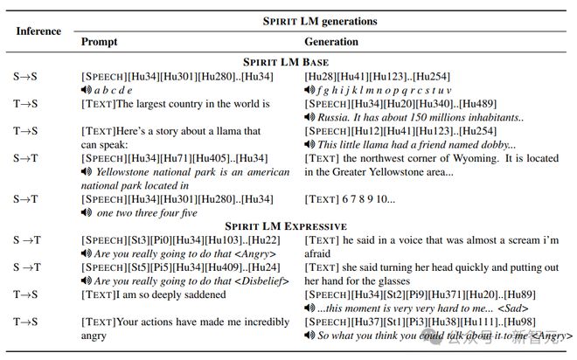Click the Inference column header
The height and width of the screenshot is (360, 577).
pyautogui.click(x=38, y=31)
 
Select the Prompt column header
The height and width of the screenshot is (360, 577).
pyautogui.click(x=98, y=41)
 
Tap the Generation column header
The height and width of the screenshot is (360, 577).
pyautogui.click(x=330, y=41)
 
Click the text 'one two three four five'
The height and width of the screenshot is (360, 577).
pyautogui.click(x=147, y=212)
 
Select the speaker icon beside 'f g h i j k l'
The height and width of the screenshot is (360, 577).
pyautogui.click(x=309, y=89)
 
